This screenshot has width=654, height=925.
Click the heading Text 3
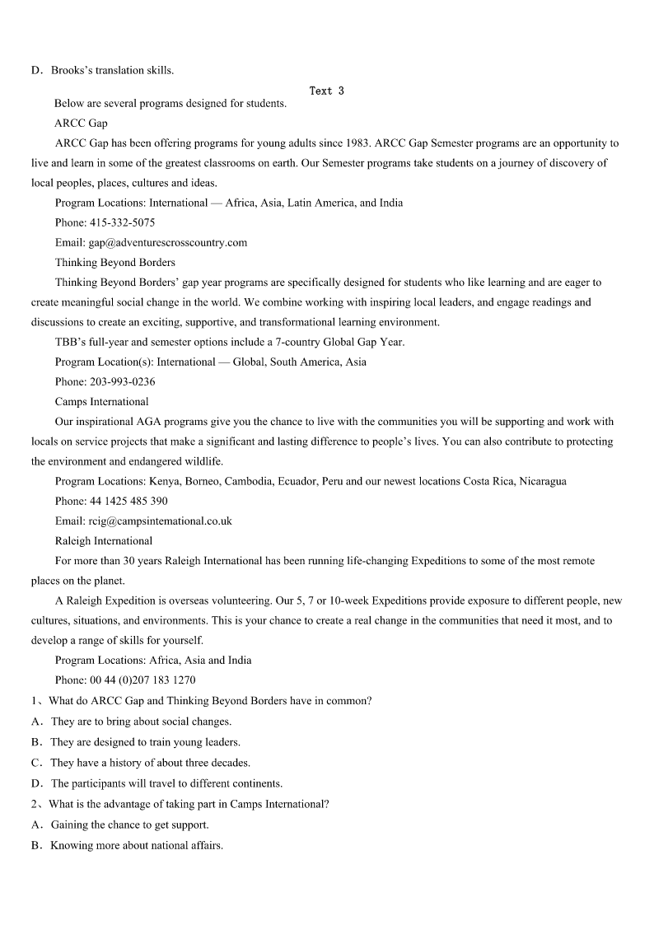point(326,91)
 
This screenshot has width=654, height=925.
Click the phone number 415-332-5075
point(122,222)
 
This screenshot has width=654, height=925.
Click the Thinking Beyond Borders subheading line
point(115,262)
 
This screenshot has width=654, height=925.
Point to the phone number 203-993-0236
point(122,381)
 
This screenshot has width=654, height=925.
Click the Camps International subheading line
point(102,402)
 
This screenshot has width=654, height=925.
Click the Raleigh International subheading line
point(104,541)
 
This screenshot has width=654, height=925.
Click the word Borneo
point(204,481)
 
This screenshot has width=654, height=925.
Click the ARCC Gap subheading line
point(81,124)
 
